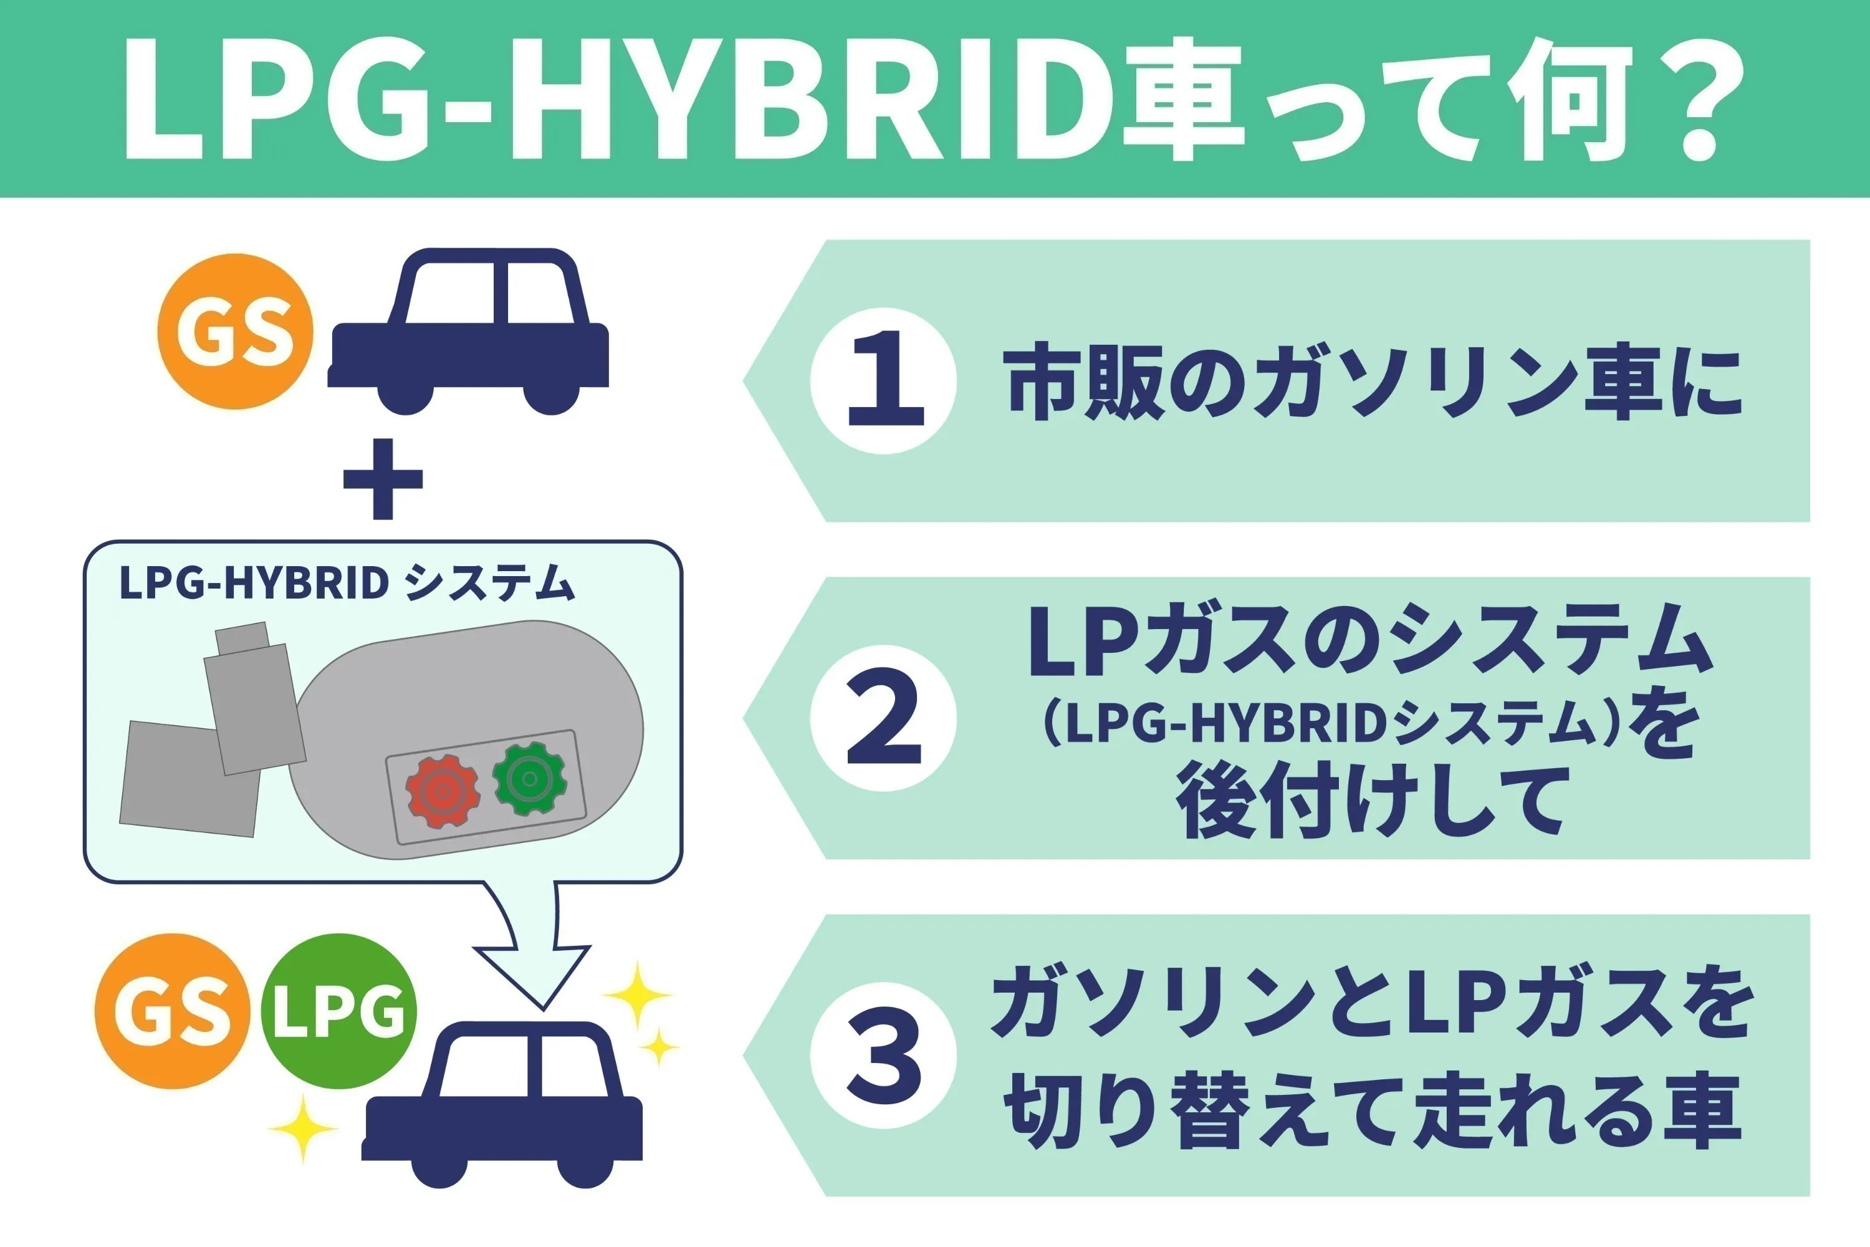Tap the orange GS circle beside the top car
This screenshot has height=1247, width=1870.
click(236, 332)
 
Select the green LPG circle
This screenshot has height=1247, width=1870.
click(338, 1011)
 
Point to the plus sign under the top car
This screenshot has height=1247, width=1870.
click(383, 479)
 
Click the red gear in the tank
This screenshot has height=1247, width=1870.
click(442, 790)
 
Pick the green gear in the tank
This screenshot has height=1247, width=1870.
click(529, 779)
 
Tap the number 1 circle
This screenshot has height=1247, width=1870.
click(883, 381)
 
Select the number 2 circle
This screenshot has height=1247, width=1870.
click(883, 718)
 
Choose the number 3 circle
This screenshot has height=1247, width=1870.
click(883, 1056)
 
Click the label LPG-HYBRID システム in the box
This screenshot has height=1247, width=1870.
click(347, 583)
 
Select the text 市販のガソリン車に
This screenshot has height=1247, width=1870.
click(1373, 381)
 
